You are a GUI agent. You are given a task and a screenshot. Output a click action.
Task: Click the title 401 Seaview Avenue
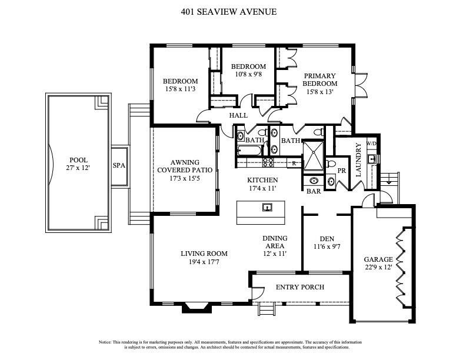click(x=234, y=11)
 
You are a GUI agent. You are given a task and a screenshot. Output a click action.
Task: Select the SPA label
click(x=119, y=166)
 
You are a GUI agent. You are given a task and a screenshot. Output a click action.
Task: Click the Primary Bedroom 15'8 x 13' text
click(x=319, y=84)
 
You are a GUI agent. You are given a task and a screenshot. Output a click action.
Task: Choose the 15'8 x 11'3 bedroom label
click(x=180, y=85)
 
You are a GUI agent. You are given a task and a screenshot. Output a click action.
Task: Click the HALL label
click(x=238, y=116)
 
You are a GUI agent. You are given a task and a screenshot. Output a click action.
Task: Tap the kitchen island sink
click(x=268, y=207)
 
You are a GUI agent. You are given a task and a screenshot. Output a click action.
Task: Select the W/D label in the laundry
click(x=371, y=143)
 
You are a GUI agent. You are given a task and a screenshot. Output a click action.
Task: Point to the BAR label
click(x=312, y=191)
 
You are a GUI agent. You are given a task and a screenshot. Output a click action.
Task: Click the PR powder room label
click(x=341, y=171)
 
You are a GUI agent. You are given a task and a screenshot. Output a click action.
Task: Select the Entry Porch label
click(x=300, y=287)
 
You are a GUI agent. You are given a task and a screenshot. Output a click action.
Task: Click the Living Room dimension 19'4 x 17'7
click(x=204, y=262)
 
